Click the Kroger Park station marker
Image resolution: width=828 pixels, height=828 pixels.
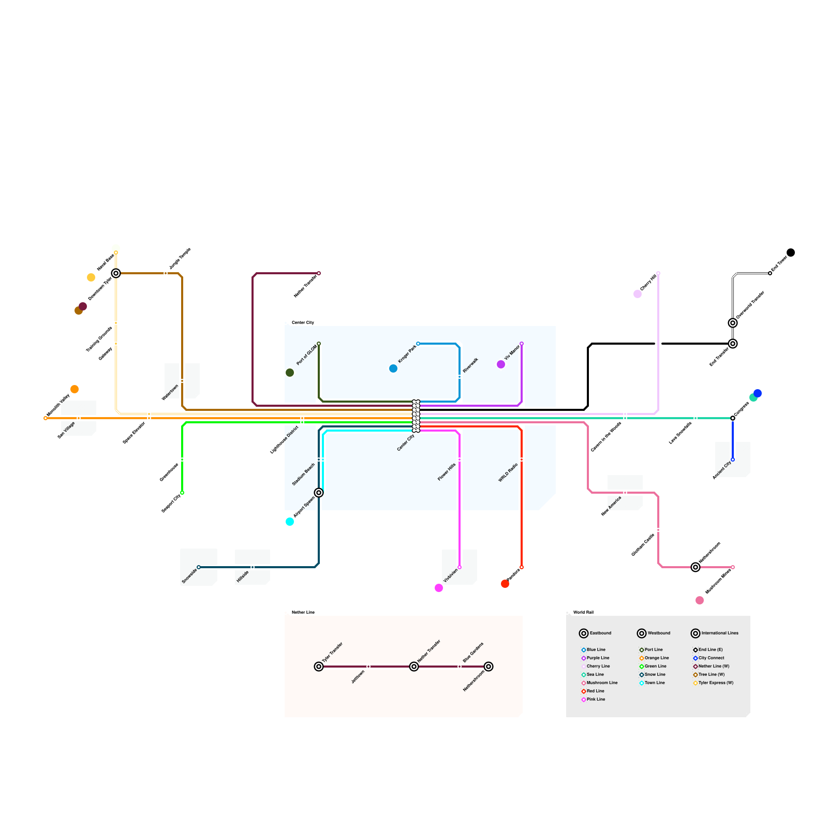[418, 344]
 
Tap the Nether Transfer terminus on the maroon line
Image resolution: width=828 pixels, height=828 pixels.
[318, 273]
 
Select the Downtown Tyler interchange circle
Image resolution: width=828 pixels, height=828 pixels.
[116, 273]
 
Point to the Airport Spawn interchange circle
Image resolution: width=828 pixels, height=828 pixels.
[319, 493]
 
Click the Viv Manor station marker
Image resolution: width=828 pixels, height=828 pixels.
[521, 344]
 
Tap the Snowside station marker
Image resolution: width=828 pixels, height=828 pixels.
[199, 567]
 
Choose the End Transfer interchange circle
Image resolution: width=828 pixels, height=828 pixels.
[733, 344]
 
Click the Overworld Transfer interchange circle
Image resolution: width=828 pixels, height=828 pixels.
[733, 323]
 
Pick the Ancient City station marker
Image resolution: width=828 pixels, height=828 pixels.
[733, 460]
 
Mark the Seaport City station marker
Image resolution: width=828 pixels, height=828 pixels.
[182, 493]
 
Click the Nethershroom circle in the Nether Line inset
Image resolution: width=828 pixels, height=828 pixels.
[489, 667]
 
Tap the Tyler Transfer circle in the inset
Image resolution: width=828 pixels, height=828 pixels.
[319, 667]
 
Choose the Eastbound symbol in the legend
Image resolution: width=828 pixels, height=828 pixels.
[584, 633]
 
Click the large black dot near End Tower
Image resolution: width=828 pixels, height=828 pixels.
[791, 253]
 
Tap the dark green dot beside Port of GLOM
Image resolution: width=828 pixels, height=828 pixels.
[290, 373]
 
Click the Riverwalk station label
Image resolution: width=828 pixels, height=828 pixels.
[470, 365]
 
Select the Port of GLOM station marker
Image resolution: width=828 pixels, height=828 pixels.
[318, 344]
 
